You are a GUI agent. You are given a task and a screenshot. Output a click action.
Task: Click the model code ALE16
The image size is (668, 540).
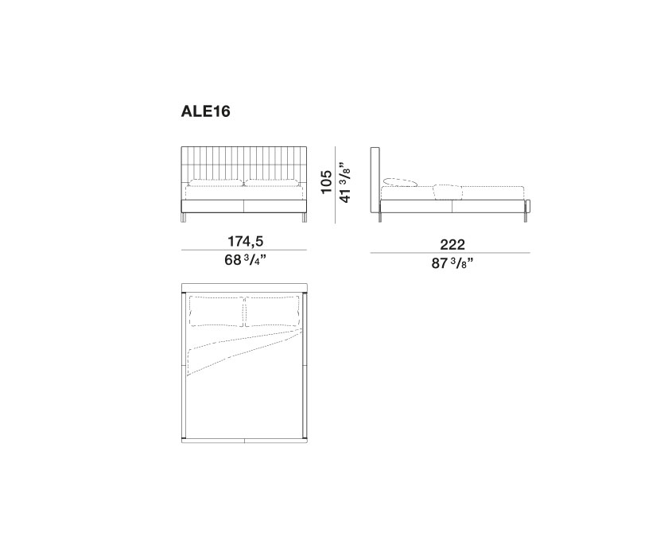tap(205, 111)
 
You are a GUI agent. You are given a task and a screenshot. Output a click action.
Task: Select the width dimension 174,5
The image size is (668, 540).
tap(246, 241)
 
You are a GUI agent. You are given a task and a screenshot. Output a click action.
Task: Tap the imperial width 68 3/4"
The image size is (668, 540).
tap(246, 259)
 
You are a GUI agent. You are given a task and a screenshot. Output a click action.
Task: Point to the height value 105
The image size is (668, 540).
tap(326, 181)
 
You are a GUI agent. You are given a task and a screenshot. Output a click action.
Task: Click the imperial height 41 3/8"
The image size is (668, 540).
tap(345, 181)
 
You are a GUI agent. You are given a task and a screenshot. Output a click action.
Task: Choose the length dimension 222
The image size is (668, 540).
tap(452, 244)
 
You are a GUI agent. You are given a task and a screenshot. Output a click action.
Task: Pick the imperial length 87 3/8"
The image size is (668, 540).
tap(452, 263)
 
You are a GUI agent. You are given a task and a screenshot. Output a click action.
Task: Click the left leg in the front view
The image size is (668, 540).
tap(184, 218)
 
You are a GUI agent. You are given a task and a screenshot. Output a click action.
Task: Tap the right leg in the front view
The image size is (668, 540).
tap(304, 218)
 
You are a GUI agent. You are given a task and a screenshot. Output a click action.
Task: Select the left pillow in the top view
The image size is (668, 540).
tap(217, 312)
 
